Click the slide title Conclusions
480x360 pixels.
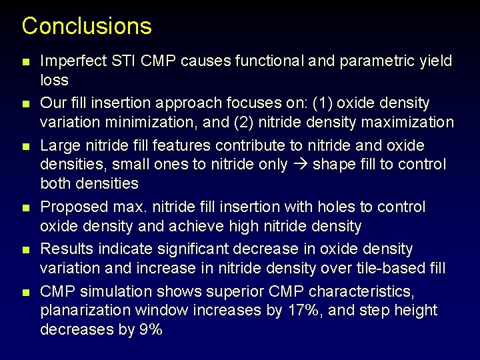tap(87, 26)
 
